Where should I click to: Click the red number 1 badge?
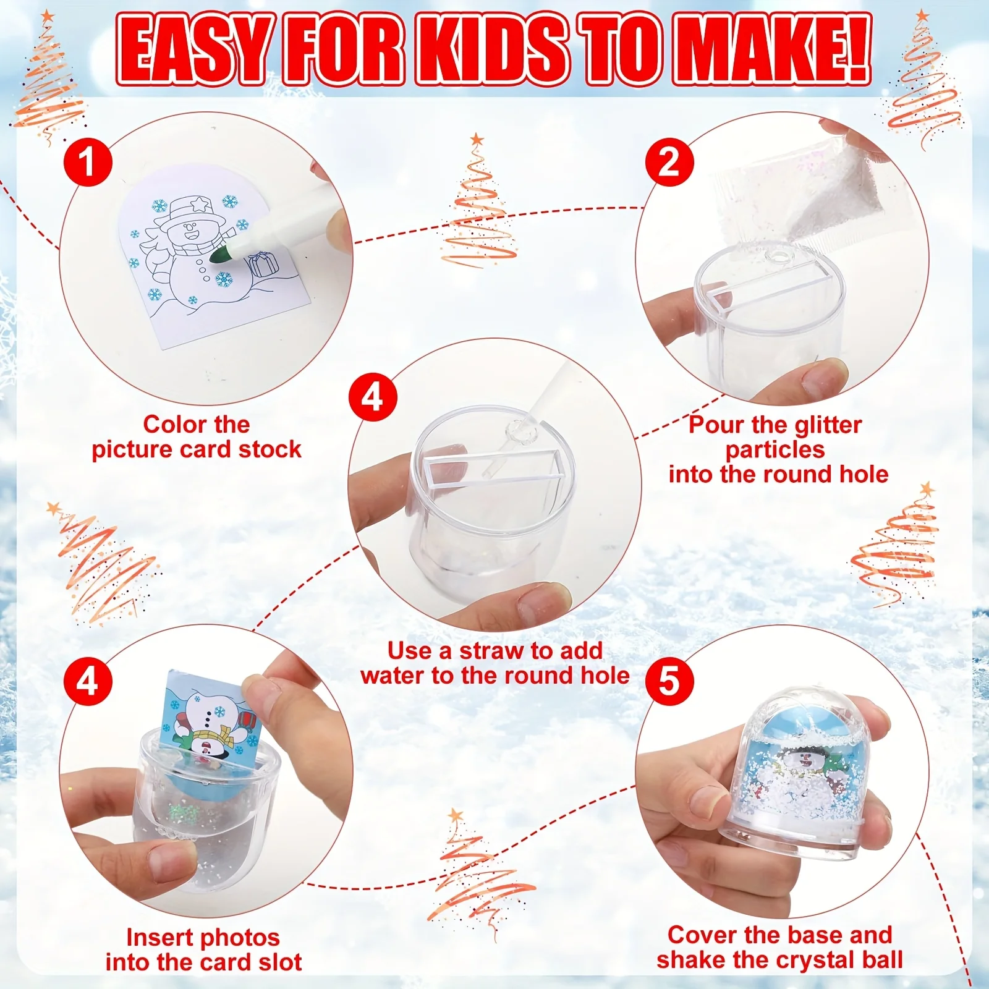pyautogui.click(x=88, y=162)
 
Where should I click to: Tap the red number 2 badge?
pyautogui.click(x=669, y=162)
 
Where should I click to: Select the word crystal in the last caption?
pyautogui.click(x=815, y=960)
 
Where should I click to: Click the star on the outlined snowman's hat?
pyautogui.click(x=198, y=203)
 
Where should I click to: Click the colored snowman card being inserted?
pyautogui.click(x=210, y=717)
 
